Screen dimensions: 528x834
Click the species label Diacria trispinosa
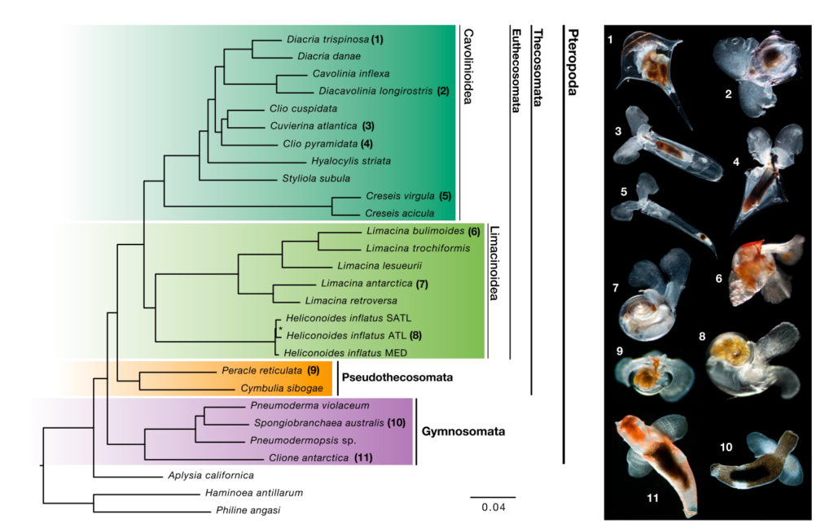click(327, 39)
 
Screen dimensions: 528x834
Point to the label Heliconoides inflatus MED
click(346, 353)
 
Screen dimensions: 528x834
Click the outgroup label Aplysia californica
click(211, 474)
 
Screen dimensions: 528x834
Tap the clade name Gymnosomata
click(463, 431)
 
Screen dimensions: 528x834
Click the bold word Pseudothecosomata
click(397, 378)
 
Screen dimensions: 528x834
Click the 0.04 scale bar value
click(492, 508)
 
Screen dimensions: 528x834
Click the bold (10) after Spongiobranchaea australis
click(396, 423)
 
